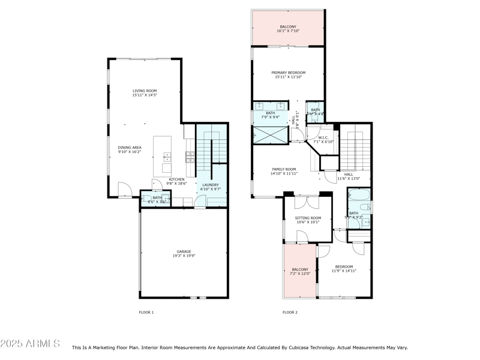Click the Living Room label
[145, 91]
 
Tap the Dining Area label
[129, 148]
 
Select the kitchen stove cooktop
[190, 157]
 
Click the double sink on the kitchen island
[166, 157]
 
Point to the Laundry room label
[210, 185]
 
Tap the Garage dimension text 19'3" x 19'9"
[184, 256]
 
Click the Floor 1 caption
[146, 312]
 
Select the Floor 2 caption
[290, 312]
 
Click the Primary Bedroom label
[288, 73]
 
